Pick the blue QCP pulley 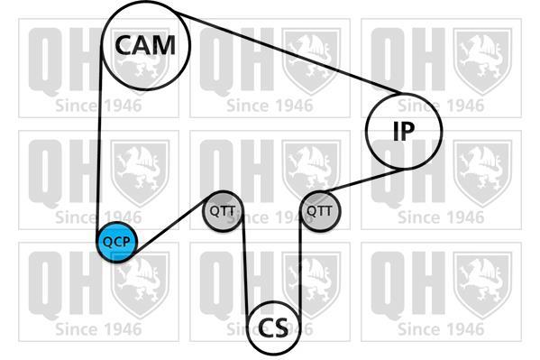click(x=117, y=242)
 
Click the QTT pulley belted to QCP click(x=223, y=211)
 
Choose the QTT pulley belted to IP click(x=320, y=211)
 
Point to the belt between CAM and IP click(x=288, y=52)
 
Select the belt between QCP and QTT click(x=170, y=226)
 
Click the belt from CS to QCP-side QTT click(x=245, y=263)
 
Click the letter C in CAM click(x=124, y=45)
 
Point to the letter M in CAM click(x=163, y=45)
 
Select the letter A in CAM click(x=142, y=45)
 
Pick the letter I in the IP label click(x=397, y=131)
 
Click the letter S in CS click(x=281, y=328)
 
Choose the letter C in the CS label click(x=266, y=328)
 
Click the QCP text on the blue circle click(x=117, y=243)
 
